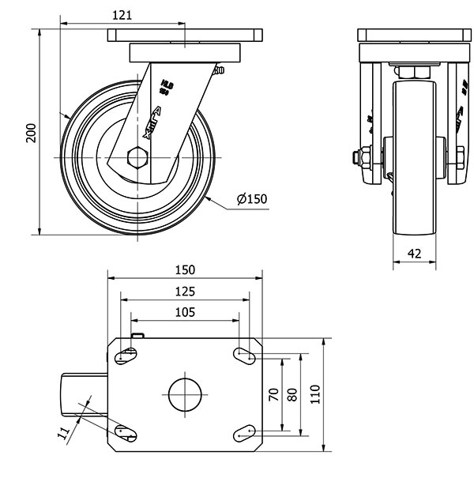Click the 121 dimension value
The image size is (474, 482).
[x=122, y=15]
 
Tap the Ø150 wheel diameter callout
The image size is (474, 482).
[x=251, y=199]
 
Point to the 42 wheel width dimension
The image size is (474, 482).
[x=414, y=253]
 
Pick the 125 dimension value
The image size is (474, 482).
[x=184, y=291]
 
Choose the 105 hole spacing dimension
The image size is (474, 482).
[x=184, y=311]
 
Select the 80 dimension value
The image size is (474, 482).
[x=292, y=394]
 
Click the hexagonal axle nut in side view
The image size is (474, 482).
[x=138, y=157]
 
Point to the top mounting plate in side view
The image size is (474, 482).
[x=184, y=36]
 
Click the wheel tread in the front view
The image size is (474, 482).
[x=414, y=158]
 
